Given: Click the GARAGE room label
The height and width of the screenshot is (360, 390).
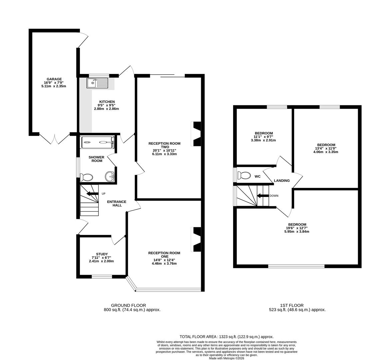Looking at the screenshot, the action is pyautogui.click(x=54, y=79).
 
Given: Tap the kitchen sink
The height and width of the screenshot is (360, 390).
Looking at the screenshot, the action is pyautogui.click(x=97, y=83).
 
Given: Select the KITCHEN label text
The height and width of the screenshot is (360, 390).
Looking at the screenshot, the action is pyautogui.click(x=107, y=102).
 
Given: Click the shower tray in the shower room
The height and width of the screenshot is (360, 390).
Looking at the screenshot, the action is pyautogui.click(x=97, y=142).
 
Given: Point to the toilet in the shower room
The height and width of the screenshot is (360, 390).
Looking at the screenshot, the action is pyautogui.click(x=86, y=177).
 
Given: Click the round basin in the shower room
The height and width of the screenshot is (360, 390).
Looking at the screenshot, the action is pyautogui.click(x=110, y=176).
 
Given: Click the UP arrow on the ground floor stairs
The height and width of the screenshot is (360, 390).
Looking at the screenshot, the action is pyautogui.click(x=92, y=194).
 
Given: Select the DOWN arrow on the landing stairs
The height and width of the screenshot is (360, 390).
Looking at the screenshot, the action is pyautogui.click(x=263, y=196).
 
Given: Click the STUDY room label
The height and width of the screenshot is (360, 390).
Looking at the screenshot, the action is pyautogui.click(x=102, y=254).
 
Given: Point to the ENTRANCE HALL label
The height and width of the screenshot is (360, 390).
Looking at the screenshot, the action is pyautogui.click(x=117, y=203).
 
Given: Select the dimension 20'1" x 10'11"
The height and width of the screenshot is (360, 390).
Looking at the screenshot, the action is pyautogui.click(x=165, y=150).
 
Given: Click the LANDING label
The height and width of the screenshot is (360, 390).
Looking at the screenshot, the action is pyautogui.click(x=282, y=180).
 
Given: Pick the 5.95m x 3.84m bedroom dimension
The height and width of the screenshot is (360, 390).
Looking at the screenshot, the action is pyautogui.click(x=297, y=231).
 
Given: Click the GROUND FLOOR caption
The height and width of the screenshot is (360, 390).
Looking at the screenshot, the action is pyautogui.click(x=128, y=305).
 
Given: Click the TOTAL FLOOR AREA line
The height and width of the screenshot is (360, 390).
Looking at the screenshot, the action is pyautogui.click(x=226, y=337).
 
